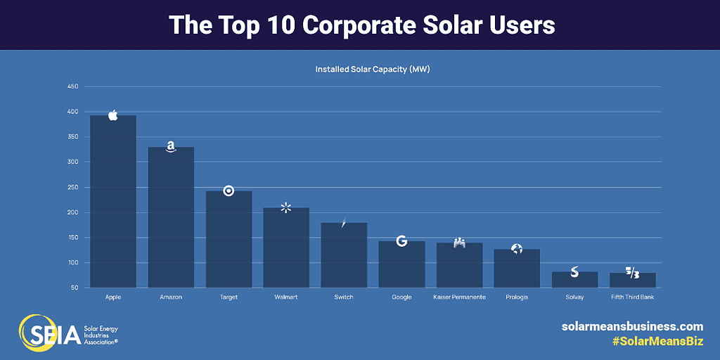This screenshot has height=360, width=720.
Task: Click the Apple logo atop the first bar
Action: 112,115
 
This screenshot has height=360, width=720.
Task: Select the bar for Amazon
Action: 171,218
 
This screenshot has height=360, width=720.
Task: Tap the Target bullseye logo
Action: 229,191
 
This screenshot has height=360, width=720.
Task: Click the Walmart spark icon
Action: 285,207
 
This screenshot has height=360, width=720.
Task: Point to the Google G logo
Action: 401,240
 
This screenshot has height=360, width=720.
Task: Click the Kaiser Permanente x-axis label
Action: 459,297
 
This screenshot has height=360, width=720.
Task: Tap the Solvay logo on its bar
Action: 574,271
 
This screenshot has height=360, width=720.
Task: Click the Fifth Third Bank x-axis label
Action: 632,297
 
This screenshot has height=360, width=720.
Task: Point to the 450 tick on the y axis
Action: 72,86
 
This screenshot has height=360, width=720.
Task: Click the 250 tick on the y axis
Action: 72,187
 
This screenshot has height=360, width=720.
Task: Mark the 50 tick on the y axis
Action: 74,288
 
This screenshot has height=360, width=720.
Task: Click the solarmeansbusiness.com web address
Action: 632,326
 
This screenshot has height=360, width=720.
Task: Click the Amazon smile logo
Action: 171,147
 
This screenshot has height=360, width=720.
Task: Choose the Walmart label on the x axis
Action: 285,297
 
